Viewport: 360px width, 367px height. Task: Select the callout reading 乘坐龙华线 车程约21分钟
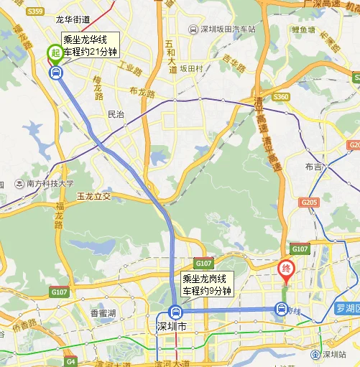click(90, 46)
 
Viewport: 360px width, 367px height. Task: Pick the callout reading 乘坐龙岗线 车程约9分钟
click(207, 285)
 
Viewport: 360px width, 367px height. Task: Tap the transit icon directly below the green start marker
click(55, 71)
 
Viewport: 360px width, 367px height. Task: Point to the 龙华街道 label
click(73, 20)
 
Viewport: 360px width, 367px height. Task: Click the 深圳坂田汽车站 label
click(222, 29)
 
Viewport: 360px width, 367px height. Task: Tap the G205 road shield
click(309, 203)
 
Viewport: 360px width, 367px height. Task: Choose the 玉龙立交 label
click(95, 195)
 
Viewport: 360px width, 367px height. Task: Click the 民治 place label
click(115, 114)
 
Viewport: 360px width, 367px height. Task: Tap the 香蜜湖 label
click(103, 314)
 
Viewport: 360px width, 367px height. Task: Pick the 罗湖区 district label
click(347, 309)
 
